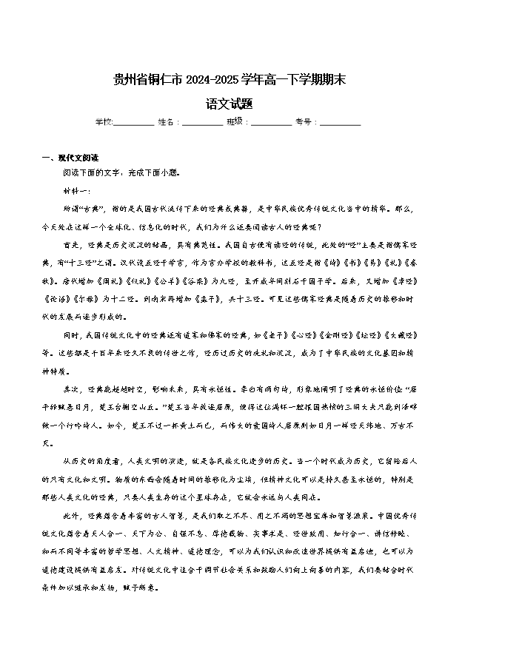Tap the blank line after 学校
[x=134, y=122]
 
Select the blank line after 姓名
[x=202, y=122]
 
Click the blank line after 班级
[x=271, y=122]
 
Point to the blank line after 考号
[x=340, y=122]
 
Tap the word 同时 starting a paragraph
[x=74, y=334]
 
